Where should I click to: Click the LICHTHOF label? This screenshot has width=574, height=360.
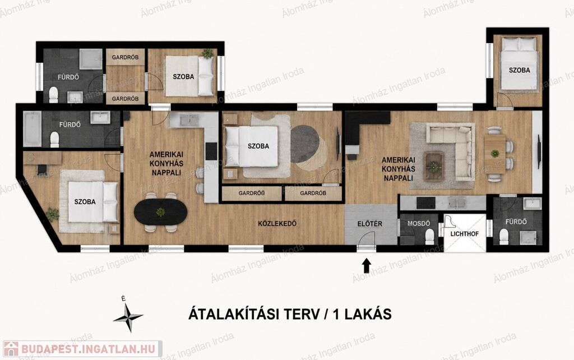pos(464,234)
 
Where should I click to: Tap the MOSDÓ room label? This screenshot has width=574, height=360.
pos(418,223)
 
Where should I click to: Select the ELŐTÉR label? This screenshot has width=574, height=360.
pos(370,224)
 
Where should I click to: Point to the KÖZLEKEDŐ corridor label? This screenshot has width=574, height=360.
pos(277,223)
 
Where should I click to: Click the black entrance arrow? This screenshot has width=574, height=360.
pos(367,266)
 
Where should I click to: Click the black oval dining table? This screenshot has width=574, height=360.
pos(160,211)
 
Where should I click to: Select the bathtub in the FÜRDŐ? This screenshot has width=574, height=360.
pos(32,128)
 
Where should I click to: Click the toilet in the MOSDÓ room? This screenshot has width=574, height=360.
pos(429,237)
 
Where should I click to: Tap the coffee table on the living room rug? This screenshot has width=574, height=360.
pos(434,167)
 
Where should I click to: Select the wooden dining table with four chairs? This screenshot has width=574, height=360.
pos(495,154)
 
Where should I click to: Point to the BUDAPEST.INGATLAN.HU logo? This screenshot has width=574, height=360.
pos(82,349)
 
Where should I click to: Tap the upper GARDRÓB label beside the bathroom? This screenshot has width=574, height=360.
pos(125,58)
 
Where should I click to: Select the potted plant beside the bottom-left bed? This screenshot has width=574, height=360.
pos(52,215)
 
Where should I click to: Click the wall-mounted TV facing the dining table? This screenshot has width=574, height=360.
pos(539,151)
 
